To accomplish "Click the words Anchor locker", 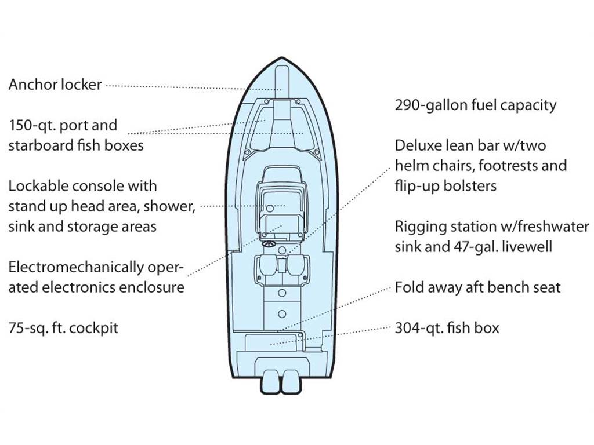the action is point(55,85).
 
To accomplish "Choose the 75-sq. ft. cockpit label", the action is point(63,328).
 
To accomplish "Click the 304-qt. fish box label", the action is point(447,328).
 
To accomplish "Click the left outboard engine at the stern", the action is point(270,381).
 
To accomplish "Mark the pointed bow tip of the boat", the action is point(281,58).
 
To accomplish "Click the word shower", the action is point(169,207).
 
